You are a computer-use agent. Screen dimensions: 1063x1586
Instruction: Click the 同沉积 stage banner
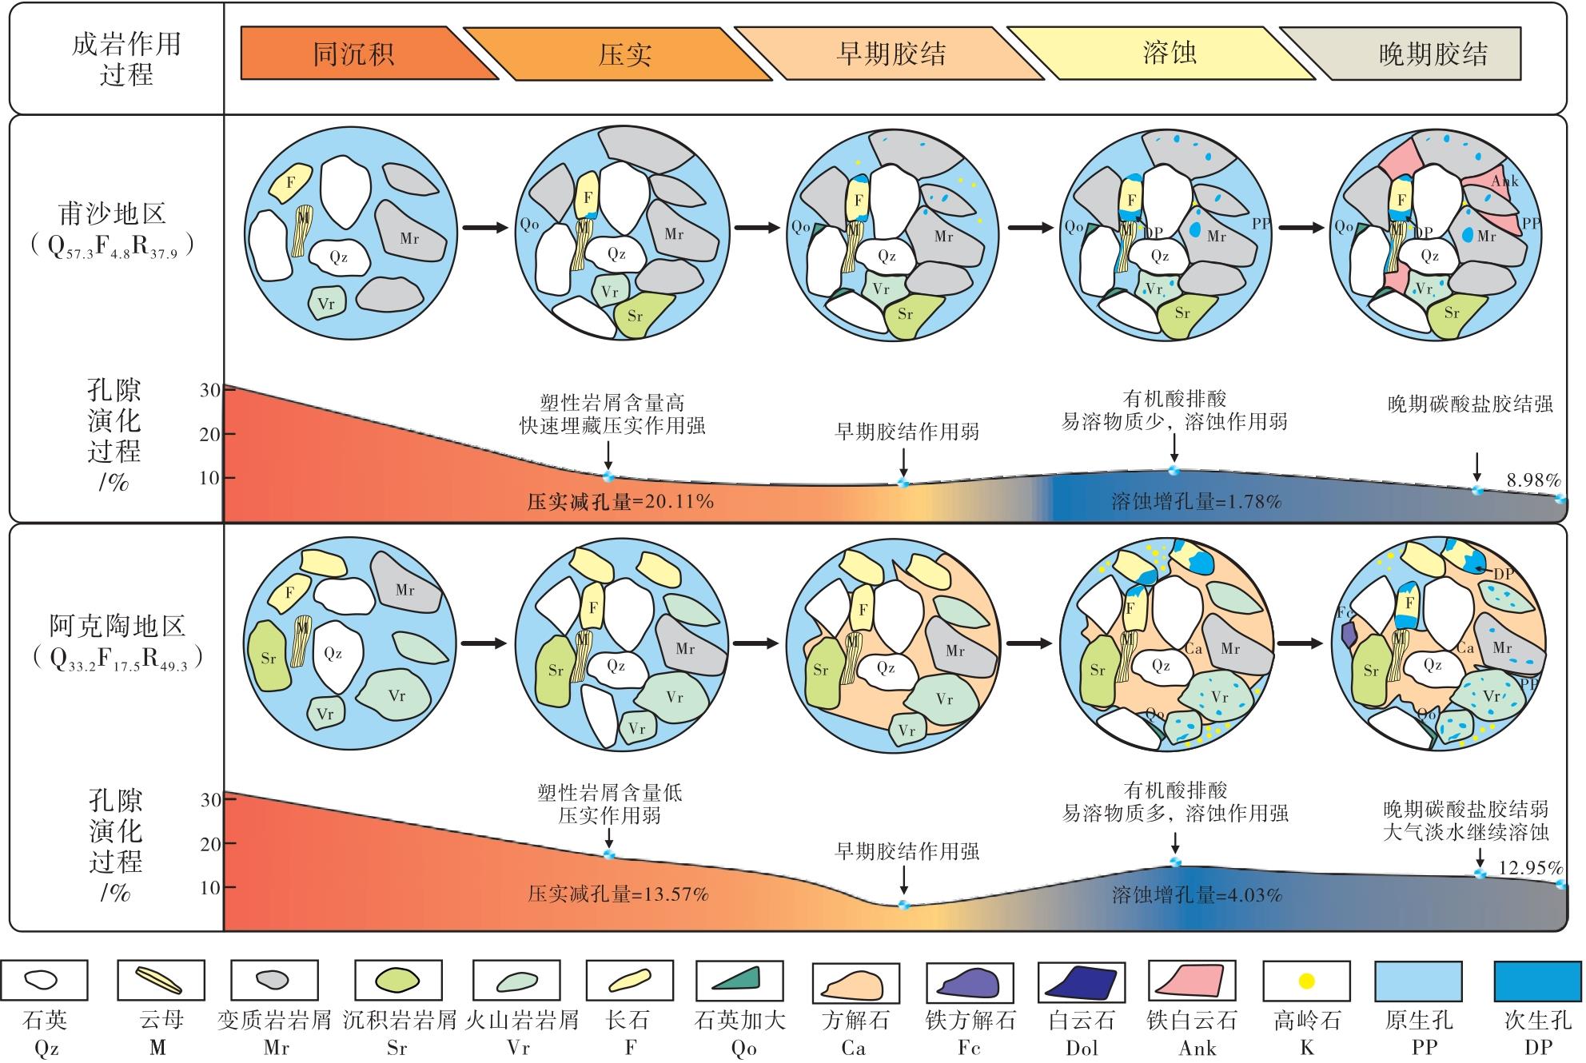point(353,54)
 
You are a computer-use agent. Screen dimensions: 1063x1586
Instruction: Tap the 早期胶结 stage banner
point(891,54)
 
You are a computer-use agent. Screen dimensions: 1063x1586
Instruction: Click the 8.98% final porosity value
point(1533,480)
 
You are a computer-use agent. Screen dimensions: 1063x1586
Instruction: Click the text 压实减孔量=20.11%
point(620,501)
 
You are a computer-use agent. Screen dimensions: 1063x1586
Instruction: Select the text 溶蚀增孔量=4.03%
point(1197,894)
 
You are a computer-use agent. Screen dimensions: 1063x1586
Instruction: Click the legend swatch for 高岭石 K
point(1306,980)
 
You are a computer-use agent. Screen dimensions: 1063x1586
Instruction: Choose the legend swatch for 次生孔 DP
point(1537,980)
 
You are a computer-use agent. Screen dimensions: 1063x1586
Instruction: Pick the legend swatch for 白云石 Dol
point(1081,980)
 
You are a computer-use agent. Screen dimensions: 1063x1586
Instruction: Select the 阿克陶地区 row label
point(117,624)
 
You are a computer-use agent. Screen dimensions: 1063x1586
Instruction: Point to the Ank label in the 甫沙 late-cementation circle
point(1504,181)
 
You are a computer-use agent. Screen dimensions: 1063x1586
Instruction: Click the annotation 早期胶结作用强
point(907,851)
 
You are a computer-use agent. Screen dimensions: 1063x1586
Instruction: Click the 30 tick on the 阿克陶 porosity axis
point(210,800)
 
